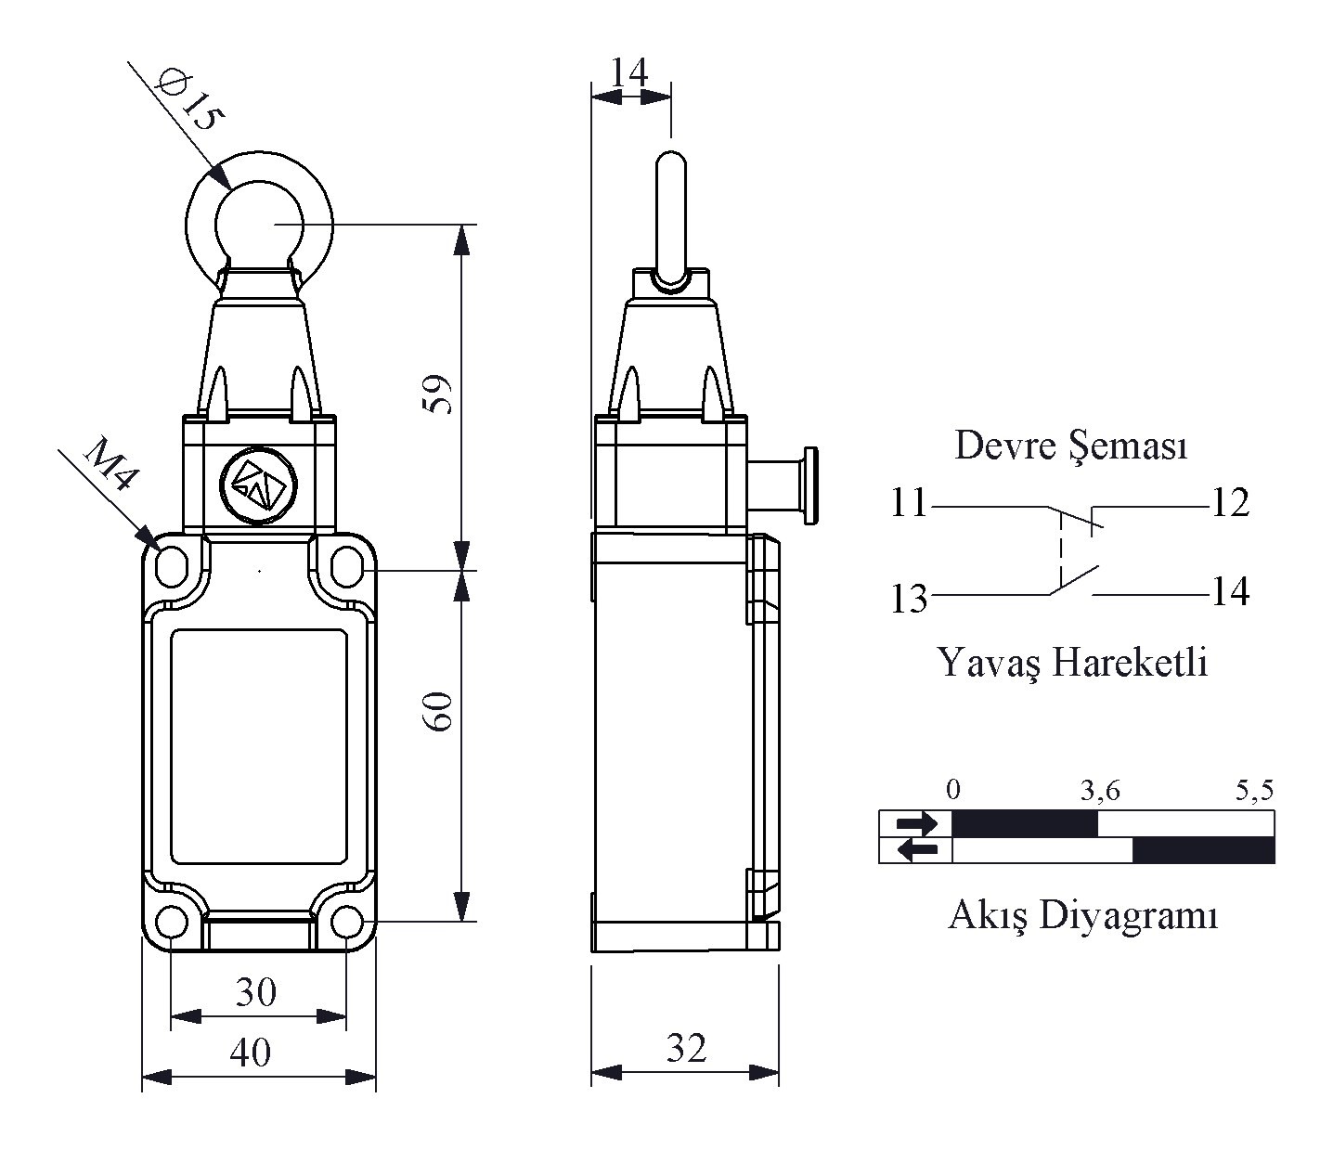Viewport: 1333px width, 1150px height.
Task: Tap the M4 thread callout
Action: click(x=110, y=464)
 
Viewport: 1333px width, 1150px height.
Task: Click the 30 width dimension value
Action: click(x=256, y=991)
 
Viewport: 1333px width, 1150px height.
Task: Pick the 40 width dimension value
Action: click(x=251, y=1052)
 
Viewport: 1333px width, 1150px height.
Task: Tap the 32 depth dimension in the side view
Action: click(x=686, y=1048)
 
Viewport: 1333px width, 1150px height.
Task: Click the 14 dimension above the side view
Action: click(x=628, y=72)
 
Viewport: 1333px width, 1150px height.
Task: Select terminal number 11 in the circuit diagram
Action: click(x=909, y=502)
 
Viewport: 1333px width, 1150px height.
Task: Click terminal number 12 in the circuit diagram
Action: click(x=1231, y=502)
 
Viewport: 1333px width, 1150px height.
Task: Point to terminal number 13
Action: click(x=909, y=597)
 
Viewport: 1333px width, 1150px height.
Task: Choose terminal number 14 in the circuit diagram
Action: click(x=1231, y=591)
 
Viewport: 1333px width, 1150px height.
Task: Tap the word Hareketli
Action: click(x=1129, y=663)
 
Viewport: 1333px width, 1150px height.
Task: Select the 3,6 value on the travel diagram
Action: click(x=1100, y=791)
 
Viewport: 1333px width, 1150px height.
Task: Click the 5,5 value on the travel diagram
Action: click(x=1254, y=790)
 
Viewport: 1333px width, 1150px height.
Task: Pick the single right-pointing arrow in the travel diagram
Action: click(x=916, y=823)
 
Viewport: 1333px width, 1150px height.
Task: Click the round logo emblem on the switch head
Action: click(x=258, y=485)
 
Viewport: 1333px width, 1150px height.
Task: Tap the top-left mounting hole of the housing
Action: click(x=172, y=567)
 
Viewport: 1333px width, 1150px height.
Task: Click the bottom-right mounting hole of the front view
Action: click(x=347, y=921)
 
